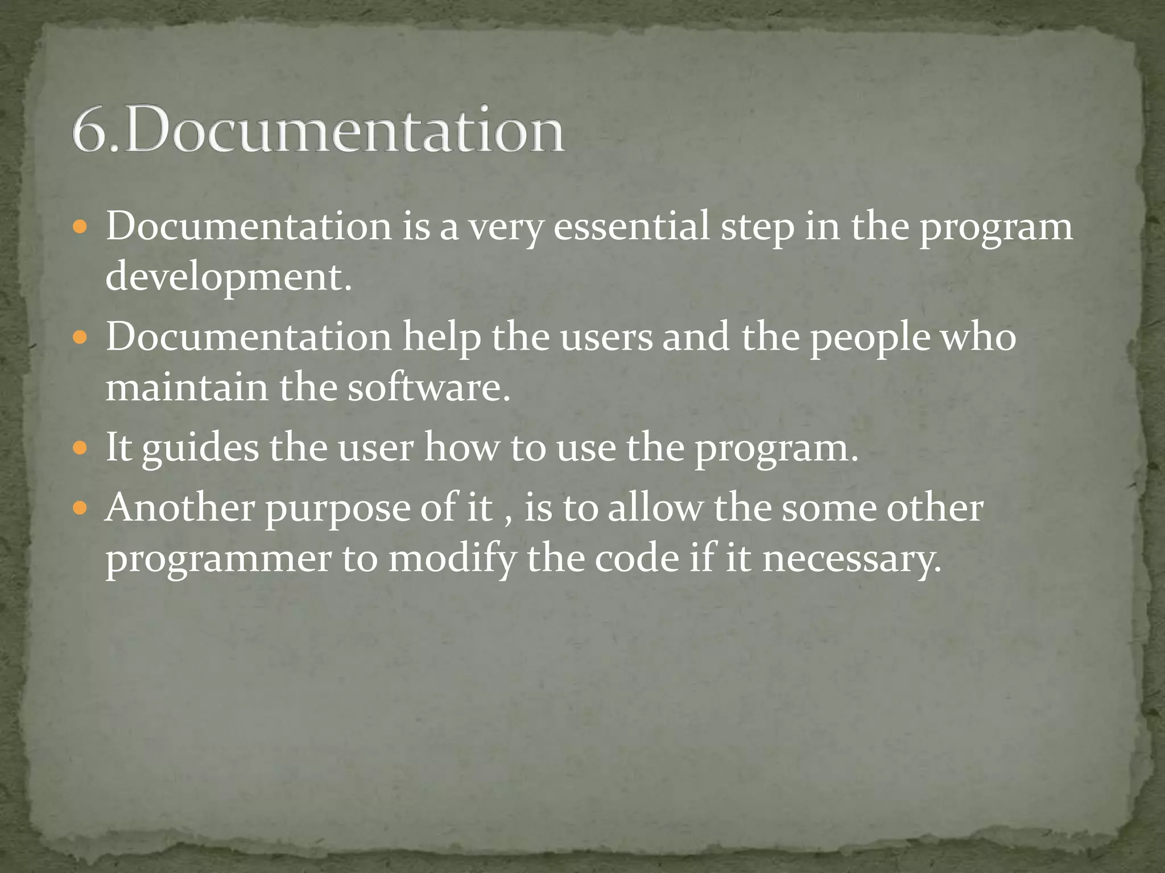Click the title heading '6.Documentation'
[319, 129]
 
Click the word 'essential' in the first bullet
[631, 226]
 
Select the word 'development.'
[229, 277]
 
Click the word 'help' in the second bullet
[441, 337]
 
